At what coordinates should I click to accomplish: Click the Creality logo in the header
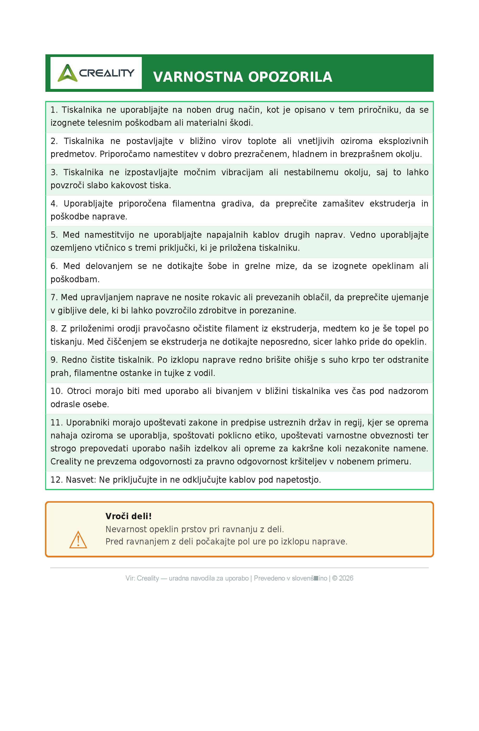pyautogui.click(x=96, y=73)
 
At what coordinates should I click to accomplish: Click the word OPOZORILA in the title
pyautogui.click(x=290, y=77)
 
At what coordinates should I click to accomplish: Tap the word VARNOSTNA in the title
pyautogui.click(x=198, y=77)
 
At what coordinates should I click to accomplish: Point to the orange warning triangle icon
pyautogui.click(x=78, y=540)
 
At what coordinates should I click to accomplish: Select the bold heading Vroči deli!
pyautogui.click(x=128, y=516)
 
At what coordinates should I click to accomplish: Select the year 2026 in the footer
pyautogui.click(x=346, y=578)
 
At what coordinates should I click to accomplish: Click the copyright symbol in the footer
pyautogui.click(x=335, y=578)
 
